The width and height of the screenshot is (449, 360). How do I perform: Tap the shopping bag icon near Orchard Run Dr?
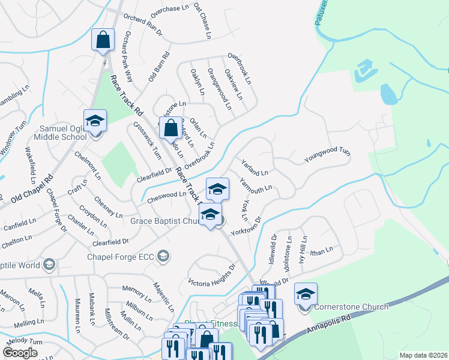pos(103,40)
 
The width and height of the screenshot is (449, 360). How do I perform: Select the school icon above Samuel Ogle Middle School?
pos(95,121)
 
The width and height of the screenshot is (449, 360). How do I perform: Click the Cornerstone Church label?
pos(352,307)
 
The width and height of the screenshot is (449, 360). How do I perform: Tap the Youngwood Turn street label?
pos(327,156)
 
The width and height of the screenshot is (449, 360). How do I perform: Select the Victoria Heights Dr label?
pos(212,274)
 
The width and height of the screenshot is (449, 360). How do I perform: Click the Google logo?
pos(20,353)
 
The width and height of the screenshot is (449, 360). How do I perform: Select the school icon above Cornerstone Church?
pos(306,293)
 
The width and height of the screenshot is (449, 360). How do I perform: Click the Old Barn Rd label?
pos(159,67)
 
